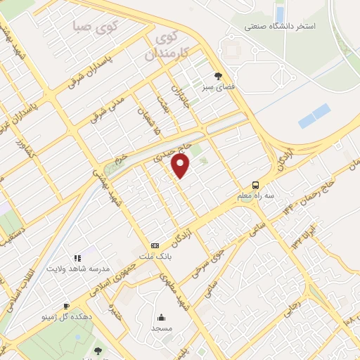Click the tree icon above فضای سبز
(x=219, y=76)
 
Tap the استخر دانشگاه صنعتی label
(x=281, y=26)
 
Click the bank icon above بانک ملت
(x=155, y=246)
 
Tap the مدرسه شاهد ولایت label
(x=75, y=268)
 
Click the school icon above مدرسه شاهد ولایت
(x=77, y=257)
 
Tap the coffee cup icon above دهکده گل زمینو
(x=66, y=306)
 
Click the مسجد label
(x=161, y=328)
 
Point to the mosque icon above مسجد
(x=161, y=317)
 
